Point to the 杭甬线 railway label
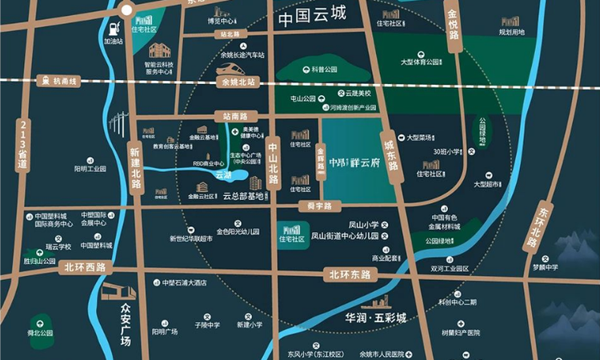click(x=64, y=82)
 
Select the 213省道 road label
click(x=22, y=143)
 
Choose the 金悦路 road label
click(x=453, y=30)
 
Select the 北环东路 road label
click(x=350, y=274)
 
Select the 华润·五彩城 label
click(x=371, y=318)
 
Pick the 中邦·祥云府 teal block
click(x=358, y=160)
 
